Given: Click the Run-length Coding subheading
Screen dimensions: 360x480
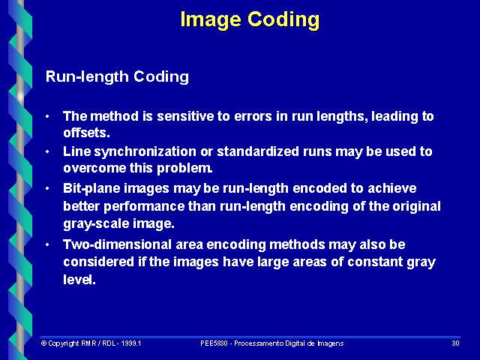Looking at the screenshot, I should pyautogui.click(x=117, y=76).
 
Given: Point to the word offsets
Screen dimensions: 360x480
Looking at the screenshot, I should pyautogui.click(x=85, y=133).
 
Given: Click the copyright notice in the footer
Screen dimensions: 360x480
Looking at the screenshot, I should pyautogui.click(x=91, y=343).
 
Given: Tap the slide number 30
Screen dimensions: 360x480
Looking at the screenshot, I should pyautogui.click(x=455, y=343).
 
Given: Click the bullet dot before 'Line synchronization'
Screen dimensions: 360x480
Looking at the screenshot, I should pyautogui.click(x=48, y=151).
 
